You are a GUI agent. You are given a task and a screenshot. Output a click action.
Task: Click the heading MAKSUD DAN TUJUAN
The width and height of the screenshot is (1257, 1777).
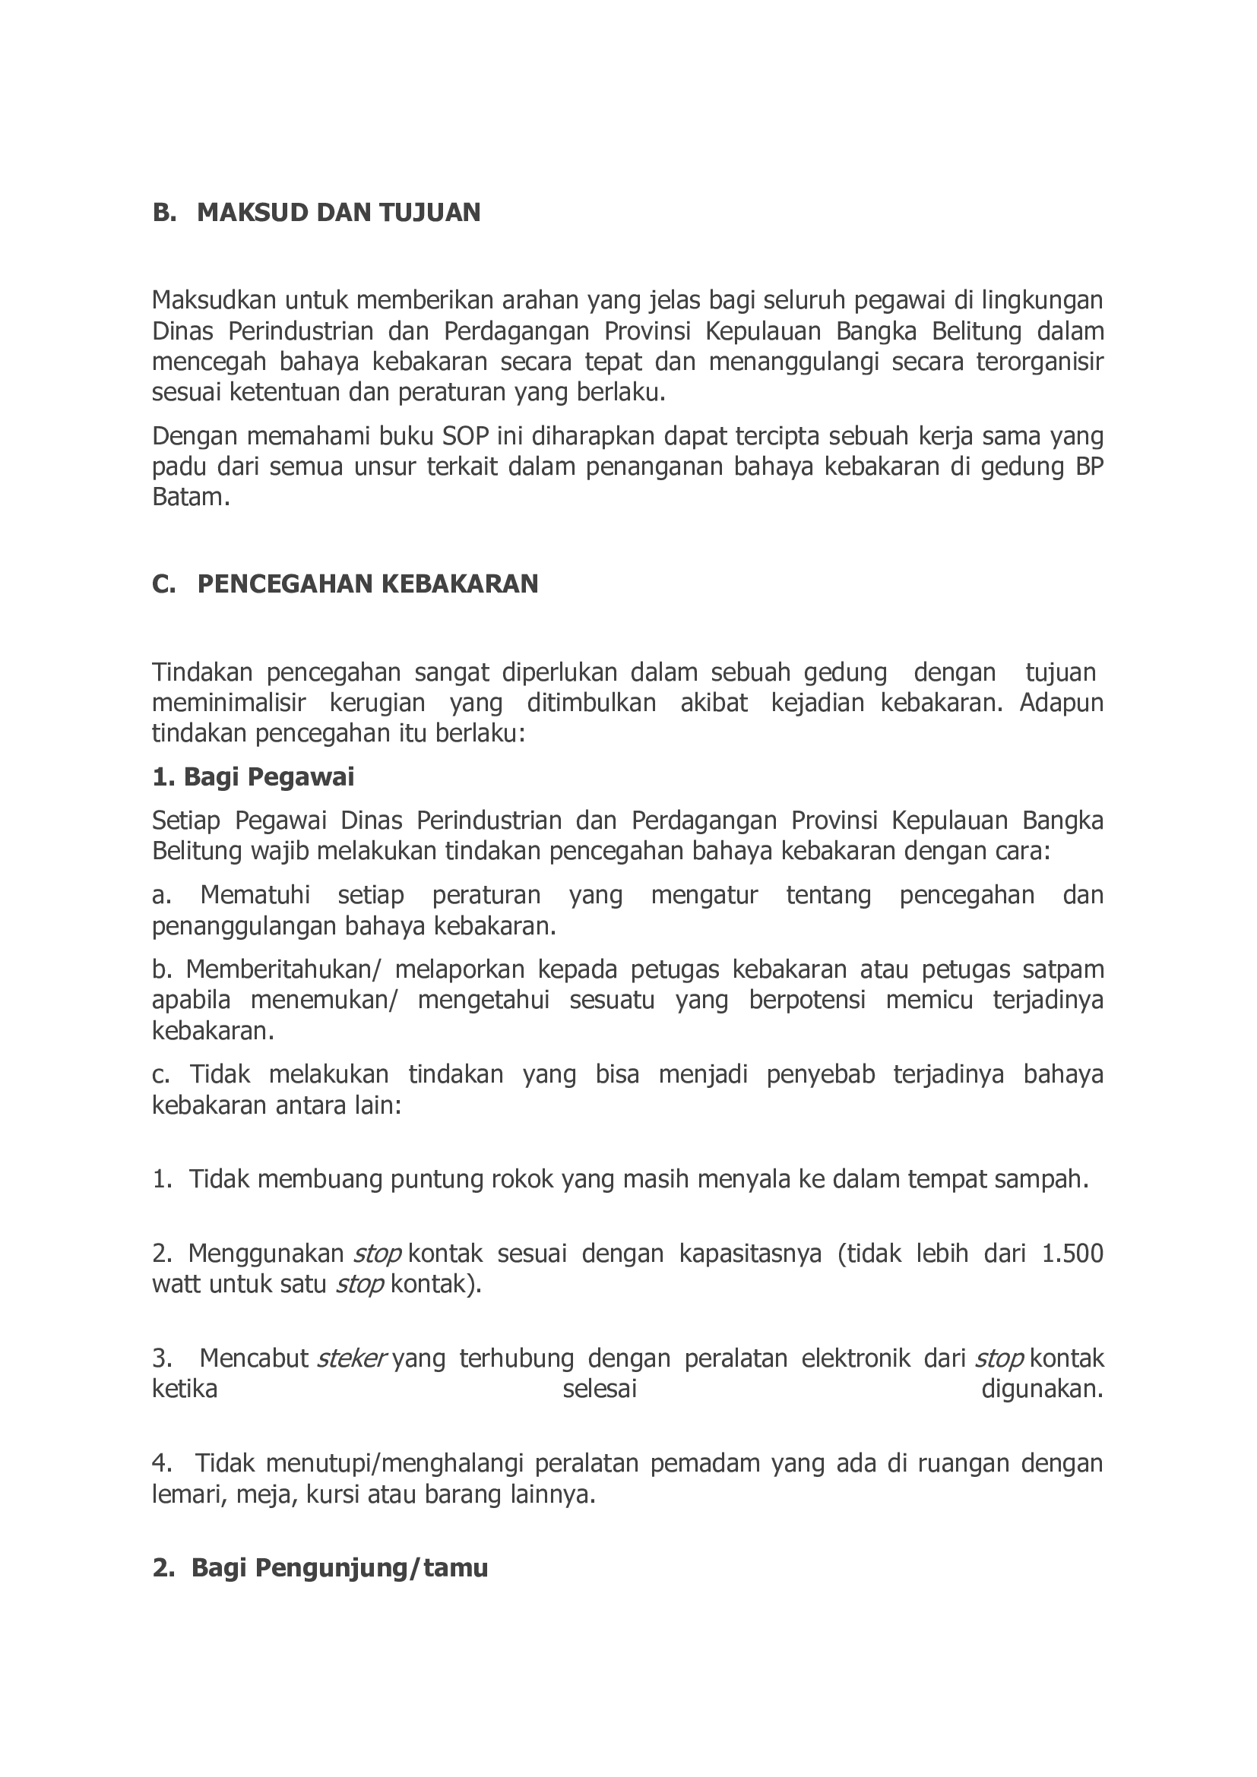tap(338, 212)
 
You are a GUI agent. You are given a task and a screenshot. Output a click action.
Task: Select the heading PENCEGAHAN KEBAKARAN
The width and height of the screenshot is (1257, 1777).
tap(368, 583)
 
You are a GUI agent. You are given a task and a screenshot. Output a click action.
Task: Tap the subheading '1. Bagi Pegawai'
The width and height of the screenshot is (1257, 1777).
tap(253, 776)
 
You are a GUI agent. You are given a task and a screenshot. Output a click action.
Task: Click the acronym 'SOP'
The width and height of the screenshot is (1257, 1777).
tap(465, 437)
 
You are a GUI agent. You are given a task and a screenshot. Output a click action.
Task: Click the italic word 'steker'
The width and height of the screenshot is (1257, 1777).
tap(351, 1358)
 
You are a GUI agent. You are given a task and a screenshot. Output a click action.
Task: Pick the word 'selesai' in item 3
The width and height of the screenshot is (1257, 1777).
tap(599, 1390)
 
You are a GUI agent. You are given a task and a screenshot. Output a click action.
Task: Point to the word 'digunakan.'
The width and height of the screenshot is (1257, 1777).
tap(1042, 1390)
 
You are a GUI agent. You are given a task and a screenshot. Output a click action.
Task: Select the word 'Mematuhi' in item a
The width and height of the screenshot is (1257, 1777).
tap(255, 896)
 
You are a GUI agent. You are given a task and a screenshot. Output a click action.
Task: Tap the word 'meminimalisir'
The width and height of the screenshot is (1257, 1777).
tap(229, 703)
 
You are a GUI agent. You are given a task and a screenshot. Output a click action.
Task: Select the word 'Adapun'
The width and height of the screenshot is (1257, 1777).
tap(1061, 703)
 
